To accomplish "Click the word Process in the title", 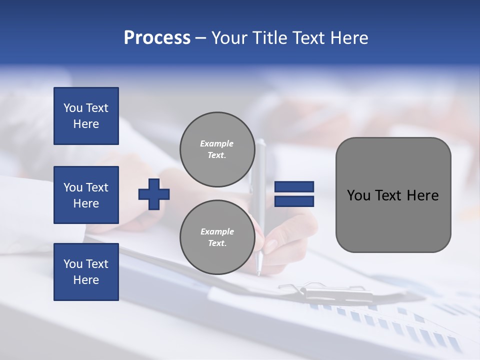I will [x=157, y=38].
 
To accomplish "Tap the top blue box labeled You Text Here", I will [x=86, y=116].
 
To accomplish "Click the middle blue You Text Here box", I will [x=86, y=195].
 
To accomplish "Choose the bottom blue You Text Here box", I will [x=86, y=271].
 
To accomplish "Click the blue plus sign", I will [x=154, y=194].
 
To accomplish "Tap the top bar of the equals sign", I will [x=294, y=187].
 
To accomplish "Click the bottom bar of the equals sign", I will [x=294, y=201].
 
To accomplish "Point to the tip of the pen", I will [x=258, y=272].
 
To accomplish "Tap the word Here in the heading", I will [x=349, y=38].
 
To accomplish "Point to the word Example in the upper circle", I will [x=217, y=143].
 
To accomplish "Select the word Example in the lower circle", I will [x=217, y=231].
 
